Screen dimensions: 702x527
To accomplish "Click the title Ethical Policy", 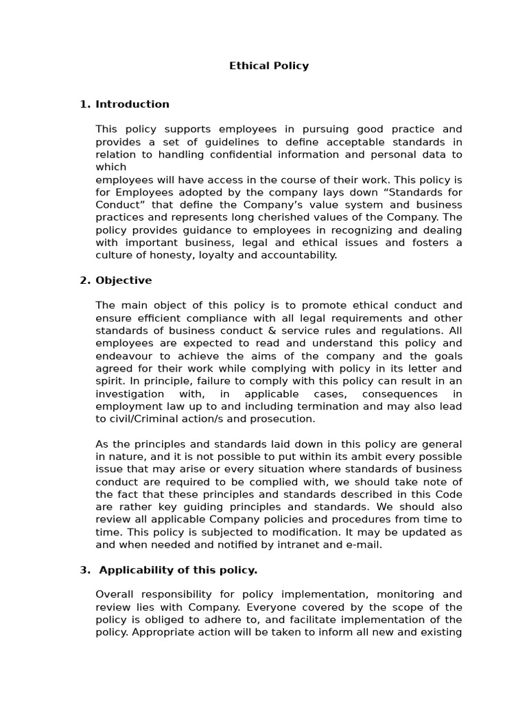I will (x=268, y=66).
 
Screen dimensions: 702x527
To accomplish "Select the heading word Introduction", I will (x=132, y=104).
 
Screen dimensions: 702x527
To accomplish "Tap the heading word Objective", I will (x=124, y=280).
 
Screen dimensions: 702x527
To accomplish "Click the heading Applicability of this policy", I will (x=176, y=570).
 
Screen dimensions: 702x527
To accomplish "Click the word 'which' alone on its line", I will (x=110, y=167).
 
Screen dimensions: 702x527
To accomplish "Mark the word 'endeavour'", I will (x=124, y=356).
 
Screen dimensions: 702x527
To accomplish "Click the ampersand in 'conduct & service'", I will (x=253, y=330).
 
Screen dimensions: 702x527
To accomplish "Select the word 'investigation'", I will (x=130, y=394).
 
